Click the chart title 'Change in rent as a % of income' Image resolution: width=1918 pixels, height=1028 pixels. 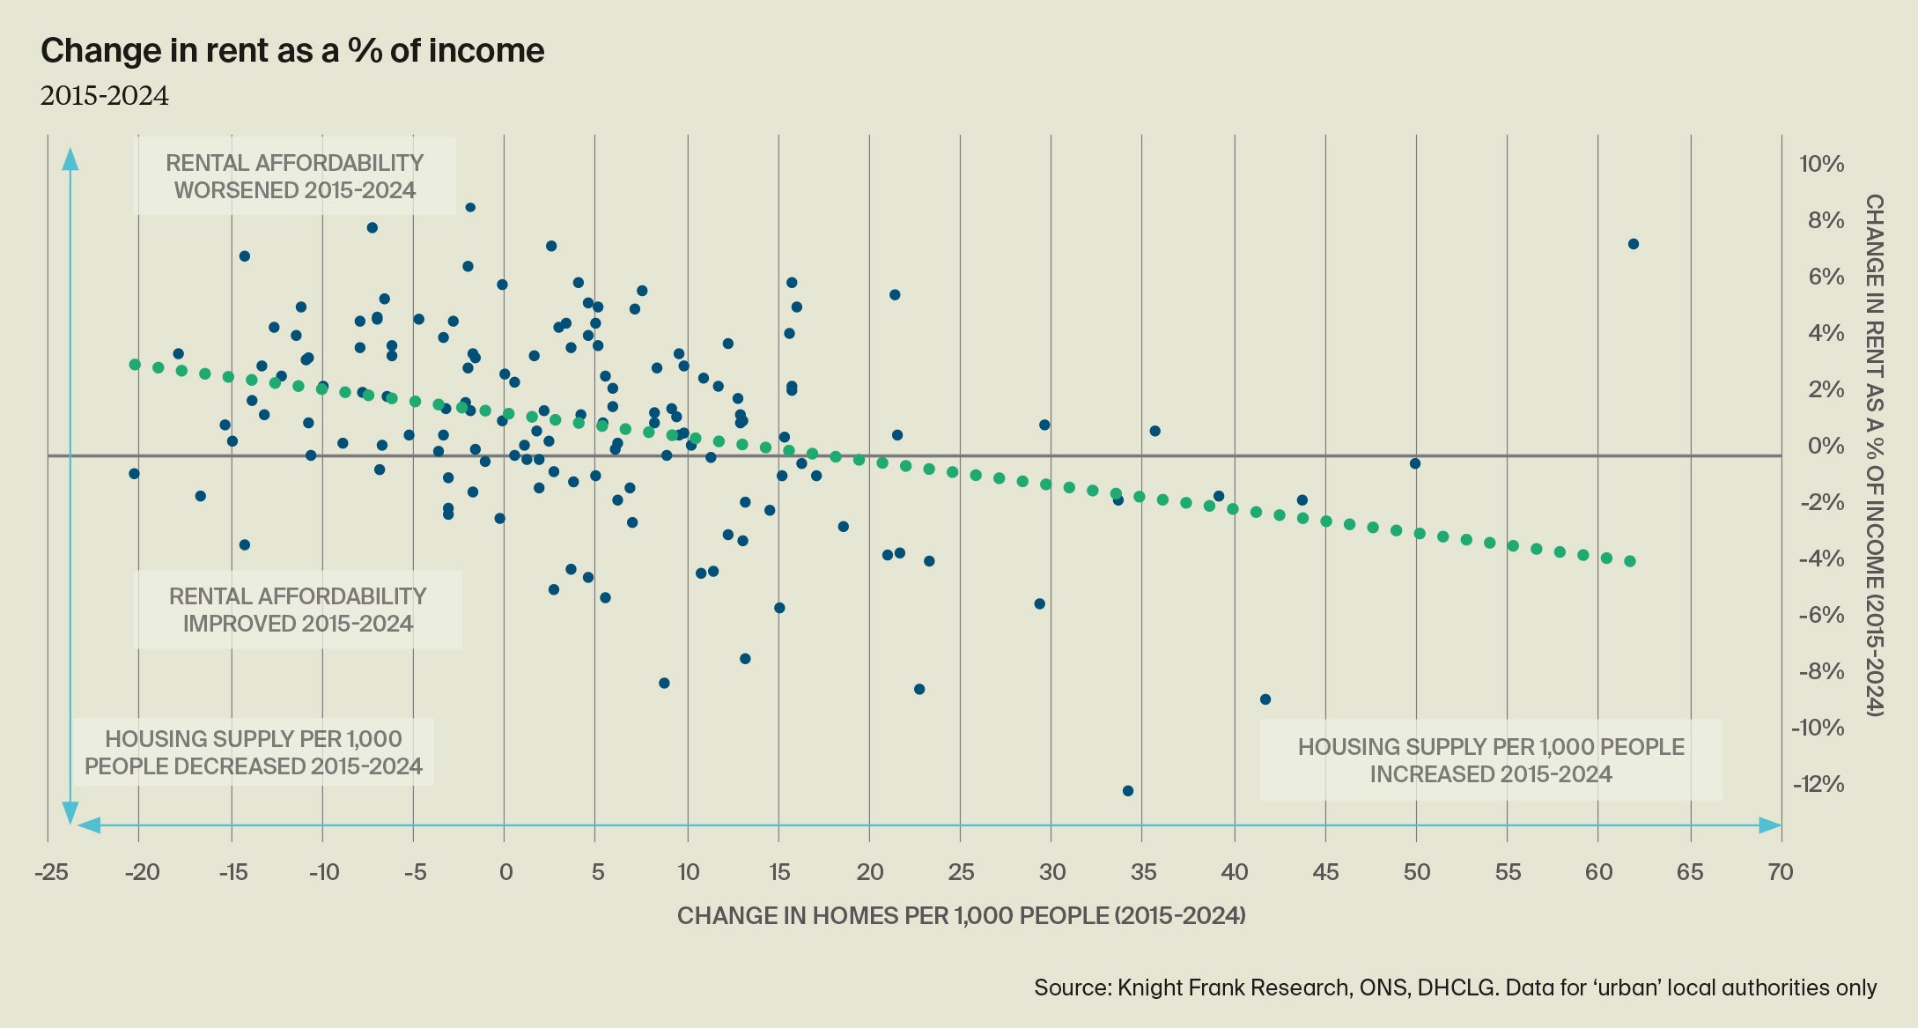(x=292, y=51)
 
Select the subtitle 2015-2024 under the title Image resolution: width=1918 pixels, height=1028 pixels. (x=104, y=96)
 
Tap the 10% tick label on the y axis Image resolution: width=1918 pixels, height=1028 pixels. (x=1821, y=164)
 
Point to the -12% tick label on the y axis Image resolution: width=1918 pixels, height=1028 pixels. (x=1818, y=784)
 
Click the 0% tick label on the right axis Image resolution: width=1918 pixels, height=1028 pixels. (x=1826, y=446)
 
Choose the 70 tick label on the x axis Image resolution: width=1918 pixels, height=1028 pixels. (x=1780, y=872)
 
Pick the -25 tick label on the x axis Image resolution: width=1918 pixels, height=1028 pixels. (x=51, y=872)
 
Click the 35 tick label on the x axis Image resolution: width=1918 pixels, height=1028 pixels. (x=1143, y=872)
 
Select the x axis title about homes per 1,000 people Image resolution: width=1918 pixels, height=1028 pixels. (x=961, y=916)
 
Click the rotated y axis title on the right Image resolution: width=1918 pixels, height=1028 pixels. (x=1875, y=455)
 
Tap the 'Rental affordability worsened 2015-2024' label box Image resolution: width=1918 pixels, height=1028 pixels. (x=295, y=176)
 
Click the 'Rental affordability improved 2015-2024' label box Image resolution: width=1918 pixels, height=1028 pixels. (x=298, y=610)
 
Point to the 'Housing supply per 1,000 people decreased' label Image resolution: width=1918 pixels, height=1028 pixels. (x=254, y=752)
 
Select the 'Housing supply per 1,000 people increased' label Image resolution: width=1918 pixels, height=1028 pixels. (x=1491, y=760)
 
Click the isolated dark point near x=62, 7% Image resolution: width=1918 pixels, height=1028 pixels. (x=1633, y=244)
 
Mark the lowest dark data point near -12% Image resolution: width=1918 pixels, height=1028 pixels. (x=1128, y=791)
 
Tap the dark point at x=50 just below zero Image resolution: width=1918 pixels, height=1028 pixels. (x=1415, y=463)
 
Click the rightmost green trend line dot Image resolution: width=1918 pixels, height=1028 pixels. (x=1630, y=561)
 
